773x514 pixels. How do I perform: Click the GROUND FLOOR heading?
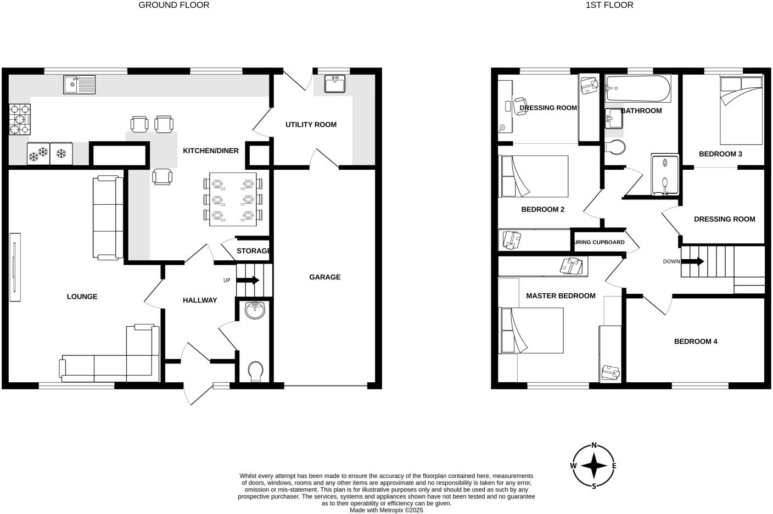(173, 5)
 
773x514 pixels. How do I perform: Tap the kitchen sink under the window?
(79, 85)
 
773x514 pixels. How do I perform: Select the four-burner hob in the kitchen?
(20, 119)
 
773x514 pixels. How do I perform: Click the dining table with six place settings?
(233, 199)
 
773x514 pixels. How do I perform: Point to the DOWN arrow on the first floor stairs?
(693, 261)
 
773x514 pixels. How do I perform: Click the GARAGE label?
(324, 277)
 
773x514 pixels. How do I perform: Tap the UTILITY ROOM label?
(311, 125)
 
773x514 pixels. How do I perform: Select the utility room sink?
(334, 84)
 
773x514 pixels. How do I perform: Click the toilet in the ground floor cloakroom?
(255, 372)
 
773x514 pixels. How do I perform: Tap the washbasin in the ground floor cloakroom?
(255, 310)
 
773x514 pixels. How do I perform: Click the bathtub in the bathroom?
(637, 89)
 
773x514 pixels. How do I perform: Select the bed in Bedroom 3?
(741, 110)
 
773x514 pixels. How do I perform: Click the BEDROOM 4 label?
(696, 342)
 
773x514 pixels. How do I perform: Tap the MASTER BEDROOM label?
(560, 296)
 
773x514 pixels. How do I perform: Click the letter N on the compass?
(593, 446)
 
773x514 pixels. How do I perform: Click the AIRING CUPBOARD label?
(598, 242)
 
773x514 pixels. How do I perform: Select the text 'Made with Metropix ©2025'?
(386, 510)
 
